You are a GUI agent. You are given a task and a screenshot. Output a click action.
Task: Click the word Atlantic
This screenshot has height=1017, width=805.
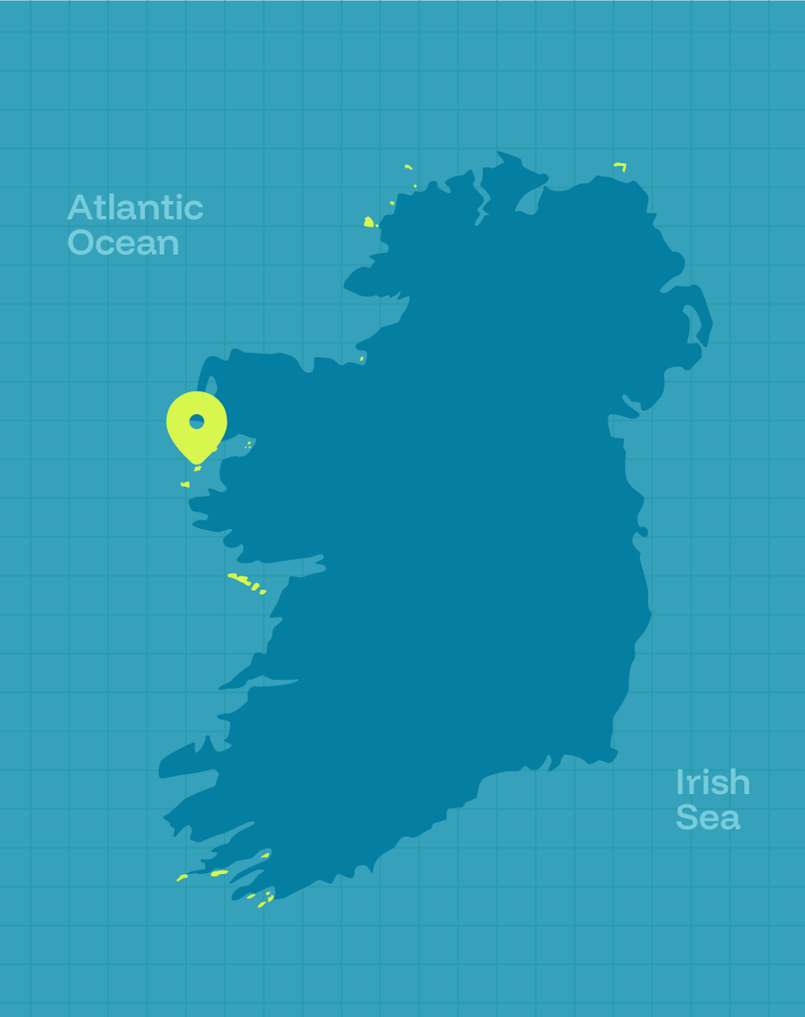pos(135,208)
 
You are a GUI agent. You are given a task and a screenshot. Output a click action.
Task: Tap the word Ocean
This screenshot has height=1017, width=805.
pos(123,243)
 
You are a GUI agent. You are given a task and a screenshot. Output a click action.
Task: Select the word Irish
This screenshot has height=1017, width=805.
pos(713,783)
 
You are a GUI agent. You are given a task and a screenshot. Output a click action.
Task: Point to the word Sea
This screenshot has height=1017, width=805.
pos(708,818)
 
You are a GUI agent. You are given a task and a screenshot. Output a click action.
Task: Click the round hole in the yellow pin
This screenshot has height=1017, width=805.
pos(197,421)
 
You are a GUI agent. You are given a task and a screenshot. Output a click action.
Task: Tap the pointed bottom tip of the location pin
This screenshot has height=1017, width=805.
pos(197,463)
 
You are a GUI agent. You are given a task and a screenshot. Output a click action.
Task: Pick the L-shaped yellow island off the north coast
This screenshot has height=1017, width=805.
pos(621,165)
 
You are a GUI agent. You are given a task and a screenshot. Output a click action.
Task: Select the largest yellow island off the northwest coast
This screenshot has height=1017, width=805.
pos(369,222)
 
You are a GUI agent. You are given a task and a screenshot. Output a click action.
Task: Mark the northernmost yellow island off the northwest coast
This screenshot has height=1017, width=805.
pos(408,167)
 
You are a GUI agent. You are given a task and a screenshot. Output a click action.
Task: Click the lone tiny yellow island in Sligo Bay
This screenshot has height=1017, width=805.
pos(361,359)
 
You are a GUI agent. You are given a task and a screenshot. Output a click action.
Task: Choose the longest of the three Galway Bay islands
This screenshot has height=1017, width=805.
pos(239,577)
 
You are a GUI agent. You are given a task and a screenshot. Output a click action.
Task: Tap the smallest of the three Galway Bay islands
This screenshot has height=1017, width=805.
pos(262,592)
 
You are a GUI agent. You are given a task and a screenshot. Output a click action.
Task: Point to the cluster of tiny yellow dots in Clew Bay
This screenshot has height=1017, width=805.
pos(248,445)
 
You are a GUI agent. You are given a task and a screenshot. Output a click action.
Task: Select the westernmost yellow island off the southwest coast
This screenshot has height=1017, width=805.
pos(182,877)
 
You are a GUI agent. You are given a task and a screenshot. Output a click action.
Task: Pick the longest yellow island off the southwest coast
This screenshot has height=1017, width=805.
pos(219,873)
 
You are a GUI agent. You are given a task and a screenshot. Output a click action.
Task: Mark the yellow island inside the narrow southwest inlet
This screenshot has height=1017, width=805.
pos(265,856)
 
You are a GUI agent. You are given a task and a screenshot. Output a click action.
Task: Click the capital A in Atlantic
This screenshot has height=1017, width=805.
pos(80,208)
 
